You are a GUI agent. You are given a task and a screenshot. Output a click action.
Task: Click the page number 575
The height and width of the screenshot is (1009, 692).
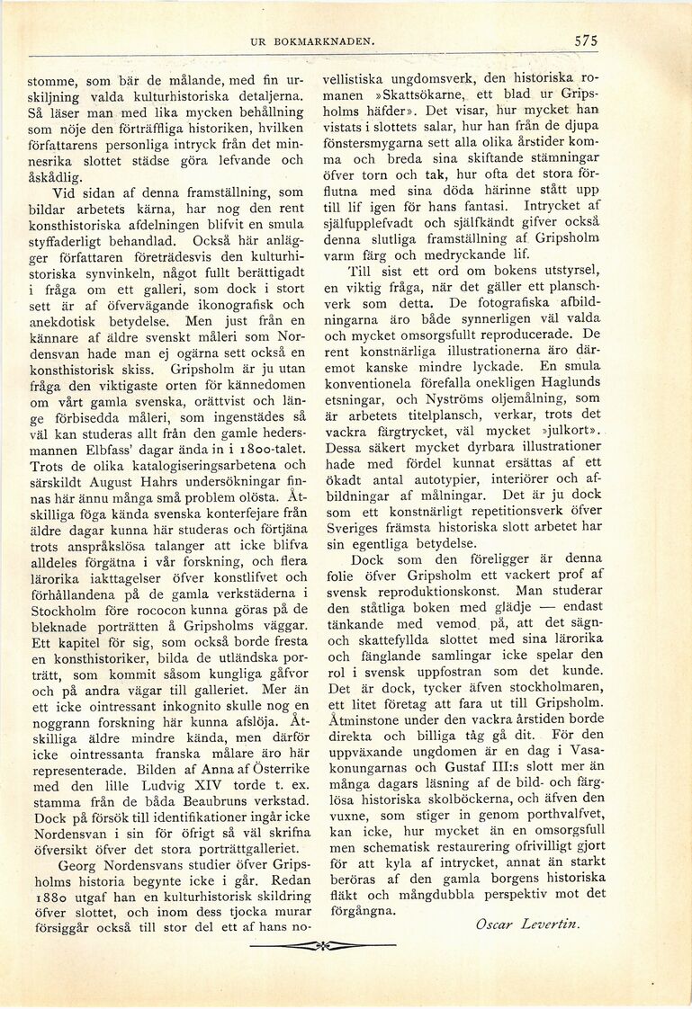585,41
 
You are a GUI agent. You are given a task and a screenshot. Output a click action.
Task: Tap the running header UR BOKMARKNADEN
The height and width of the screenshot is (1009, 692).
312,41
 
